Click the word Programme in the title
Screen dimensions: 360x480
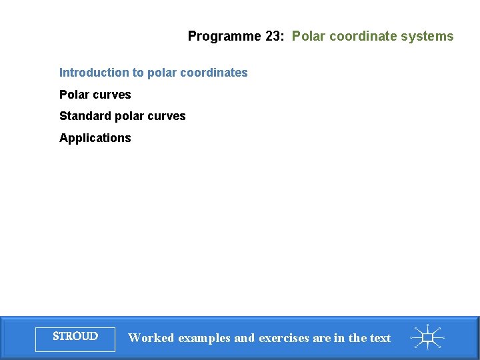point(215,37)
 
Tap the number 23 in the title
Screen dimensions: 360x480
point(273,37)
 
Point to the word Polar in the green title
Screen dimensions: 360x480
point(307,37)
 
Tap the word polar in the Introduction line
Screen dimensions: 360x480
point(162,73)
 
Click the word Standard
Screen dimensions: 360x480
point(85,116)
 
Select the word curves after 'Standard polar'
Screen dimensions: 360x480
point(167,116)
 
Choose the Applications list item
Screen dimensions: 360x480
point(95,138)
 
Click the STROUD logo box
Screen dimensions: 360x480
point(75,337)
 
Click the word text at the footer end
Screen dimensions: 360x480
point(380,338)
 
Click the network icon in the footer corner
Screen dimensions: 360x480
point(427,337)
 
